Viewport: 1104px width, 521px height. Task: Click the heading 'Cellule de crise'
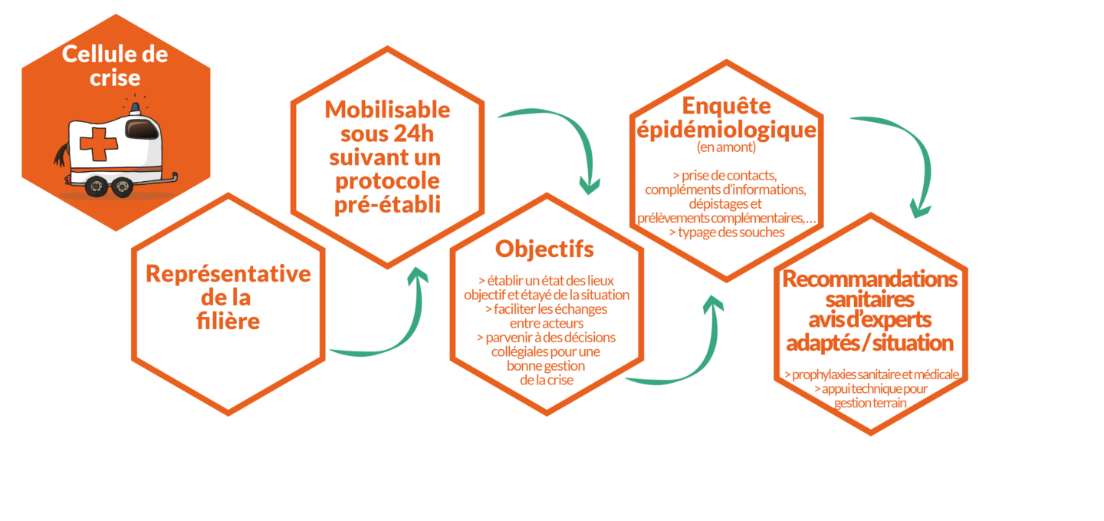(115, 65)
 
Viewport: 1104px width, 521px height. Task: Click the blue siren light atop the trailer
(136, 107)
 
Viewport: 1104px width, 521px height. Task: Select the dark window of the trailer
(142, 129)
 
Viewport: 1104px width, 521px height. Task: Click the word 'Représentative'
(228, 274)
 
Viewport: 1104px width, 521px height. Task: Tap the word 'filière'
(228, 322)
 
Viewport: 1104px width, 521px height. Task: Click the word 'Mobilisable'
(387, 110)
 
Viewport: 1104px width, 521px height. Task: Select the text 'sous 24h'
(387, 134)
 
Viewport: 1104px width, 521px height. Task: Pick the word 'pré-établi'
(387, 206)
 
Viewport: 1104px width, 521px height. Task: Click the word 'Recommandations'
(870, 279)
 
